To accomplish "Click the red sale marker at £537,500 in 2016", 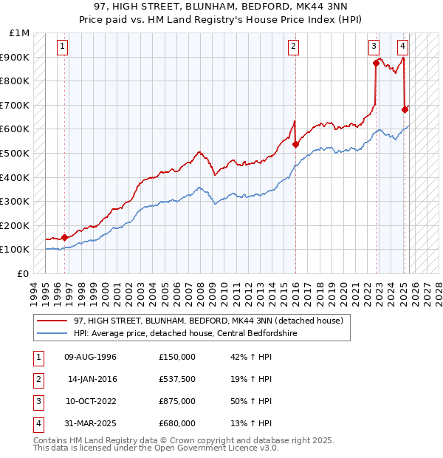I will pyautogui.click(x=295, y=145).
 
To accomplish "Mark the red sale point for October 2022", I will pyautogui.click(x=376, y=64).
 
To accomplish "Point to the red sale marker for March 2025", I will pyautogui.click(x=405, y=110).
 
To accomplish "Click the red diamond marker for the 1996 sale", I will pyautogui.click(x=64, y=237).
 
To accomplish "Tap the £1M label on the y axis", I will pyautogui.click(x=20, y=33).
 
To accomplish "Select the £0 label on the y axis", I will pyautogui.click(x=23, y=273).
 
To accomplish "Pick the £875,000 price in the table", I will pyautogui.click(x=177, y=402).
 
